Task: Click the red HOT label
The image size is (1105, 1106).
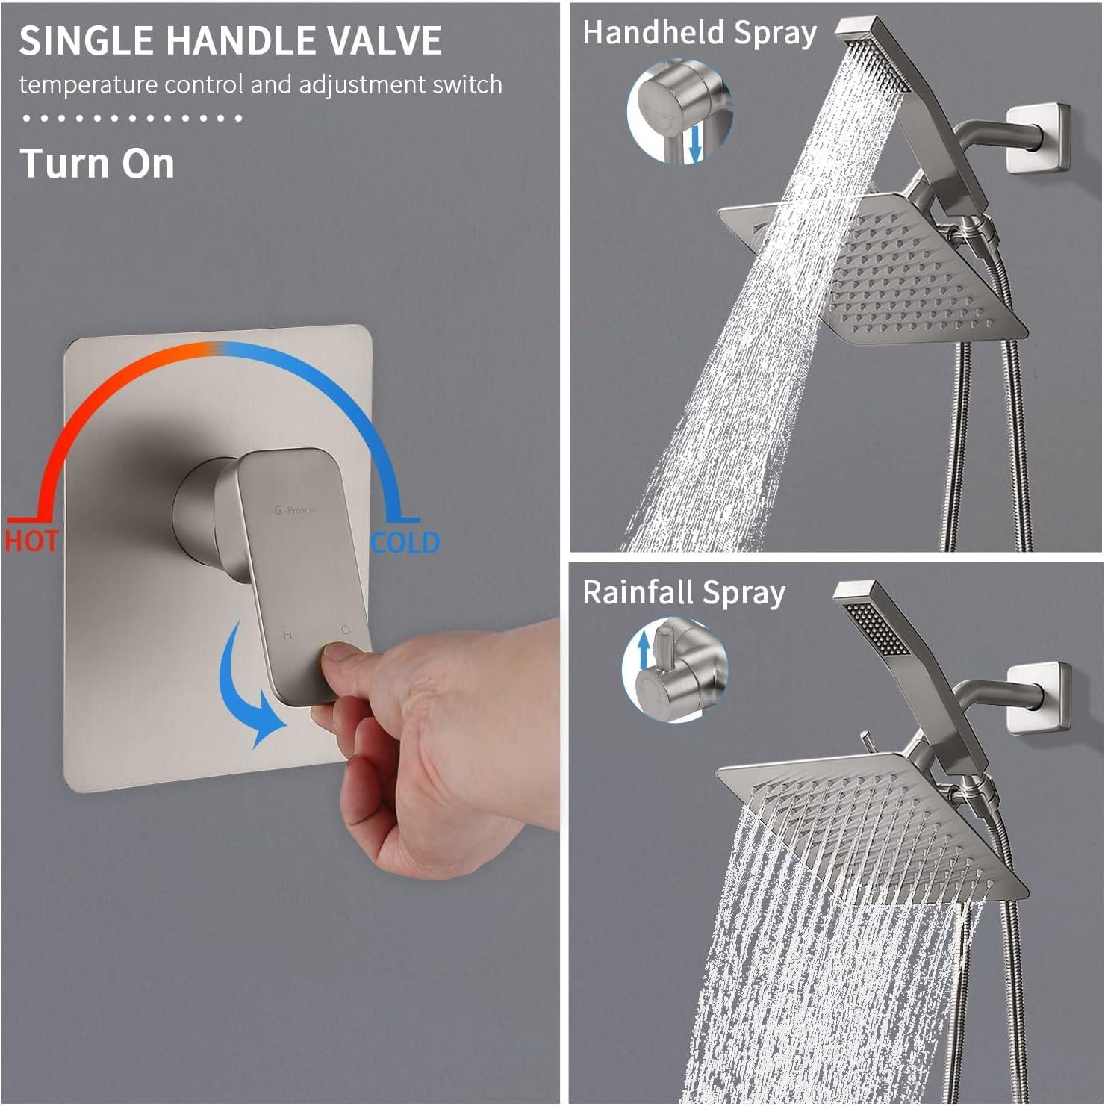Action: point(31,541)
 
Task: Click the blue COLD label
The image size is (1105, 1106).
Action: point(405,542)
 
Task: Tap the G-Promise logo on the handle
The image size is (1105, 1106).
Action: point(295,510)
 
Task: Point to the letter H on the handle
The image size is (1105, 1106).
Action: point(287,635)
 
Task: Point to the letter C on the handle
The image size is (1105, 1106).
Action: point(346,630)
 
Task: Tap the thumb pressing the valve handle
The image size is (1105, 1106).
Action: point(345,658)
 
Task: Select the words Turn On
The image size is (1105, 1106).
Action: point(97,164)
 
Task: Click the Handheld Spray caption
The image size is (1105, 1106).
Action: point(699,34)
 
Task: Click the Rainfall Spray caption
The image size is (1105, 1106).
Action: point(683,593)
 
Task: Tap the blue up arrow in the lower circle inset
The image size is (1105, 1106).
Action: point(644,648)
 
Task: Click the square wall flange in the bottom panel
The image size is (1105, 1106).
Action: point(1039,696)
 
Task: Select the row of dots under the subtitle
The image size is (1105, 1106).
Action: point(131,118)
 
